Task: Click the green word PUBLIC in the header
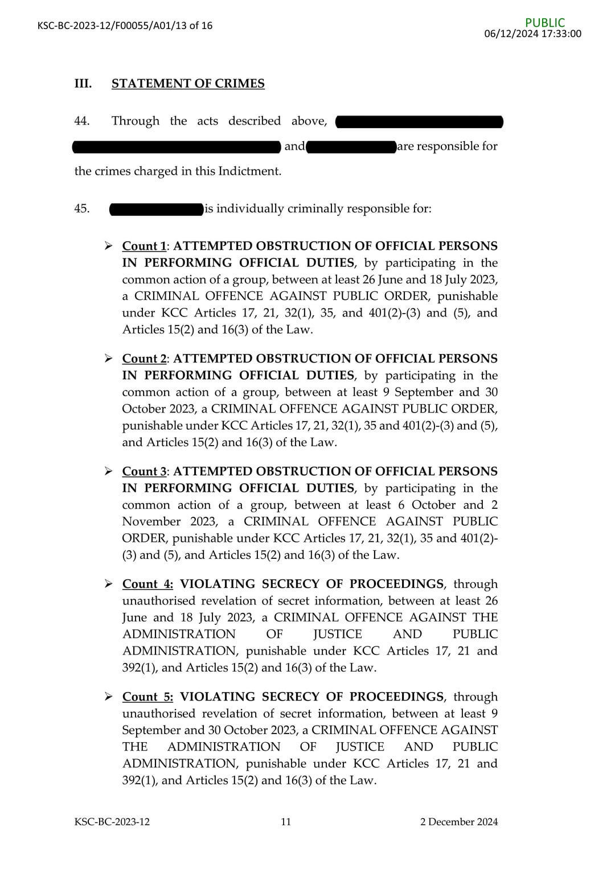coord(545,23)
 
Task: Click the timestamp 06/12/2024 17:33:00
coord(532,34)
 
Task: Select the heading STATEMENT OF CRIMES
coord(188,84)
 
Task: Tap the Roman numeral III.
coord(83,84)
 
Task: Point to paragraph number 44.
coord(82,121)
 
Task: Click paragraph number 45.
coord(82,208)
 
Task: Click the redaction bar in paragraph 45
coord(157,209)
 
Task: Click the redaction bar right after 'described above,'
coord(419,121)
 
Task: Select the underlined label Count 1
coord(144,246)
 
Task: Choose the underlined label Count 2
coord(144,359)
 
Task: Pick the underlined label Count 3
coord(144,471)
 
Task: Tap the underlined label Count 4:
coord(147,584)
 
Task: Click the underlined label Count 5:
coord(147,697)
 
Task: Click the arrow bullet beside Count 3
coord(108,471)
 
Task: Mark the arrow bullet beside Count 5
coord(108,697)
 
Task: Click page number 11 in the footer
coord(286,822)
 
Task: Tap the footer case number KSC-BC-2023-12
coord(112,822)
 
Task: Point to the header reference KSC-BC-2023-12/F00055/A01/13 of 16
coord(125,26)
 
